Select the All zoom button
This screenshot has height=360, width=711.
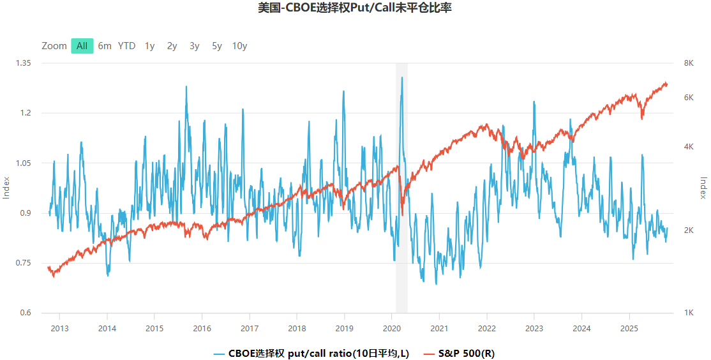[x=82, y=46]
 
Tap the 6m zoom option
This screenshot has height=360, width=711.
[x=105, y=46]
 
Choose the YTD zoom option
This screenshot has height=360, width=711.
[x=127, y=46]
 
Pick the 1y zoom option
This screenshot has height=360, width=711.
[x=150, y=46]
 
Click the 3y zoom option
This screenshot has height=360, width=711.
[x=195, y=46]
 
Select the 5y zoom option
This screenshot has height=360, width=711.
[x=217, y=46]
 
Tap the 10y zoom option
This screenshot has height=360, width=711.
[x=240, y=46]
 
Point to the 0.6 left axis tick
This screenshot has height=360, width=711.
[x=25, y=313]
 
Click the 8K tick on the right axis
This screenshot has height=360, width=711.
[x=689, y=63]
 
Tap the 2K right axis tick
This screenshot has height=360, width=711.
[x=689, y=230]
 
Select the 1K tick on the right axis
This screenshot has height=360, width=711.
[x=689, y=313]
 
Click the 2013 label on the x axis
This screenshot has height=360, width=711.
[x=59, y=329]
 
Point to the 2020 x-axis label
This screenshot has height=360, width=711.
[x=392, y=329]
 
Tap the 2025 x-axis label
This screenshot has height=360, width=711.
[x=629, y=329]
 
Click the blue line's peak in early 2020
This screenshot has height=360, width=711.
[x=401, y=77]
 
